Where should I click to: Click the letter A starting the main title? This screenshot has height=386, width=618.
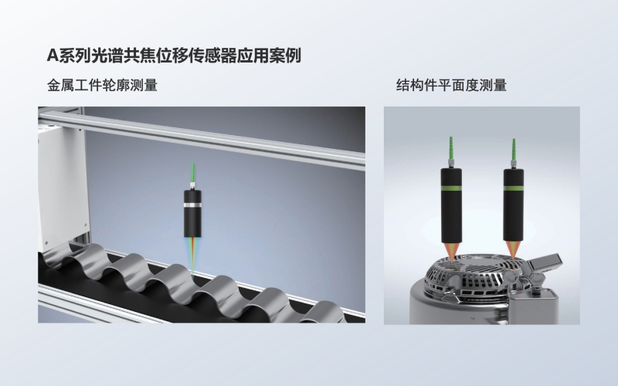coord(53,56)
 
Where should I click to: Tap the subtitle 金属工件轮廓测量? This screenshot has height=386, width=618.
coord(102,85)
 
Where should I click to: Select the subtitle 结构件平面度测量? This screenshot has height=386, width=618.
coord(451,85)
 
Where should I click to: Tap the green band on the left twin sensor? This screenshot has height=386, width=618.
coord(452,188)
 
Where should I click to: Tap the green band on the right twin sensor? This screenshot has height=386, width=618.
coord(514,188)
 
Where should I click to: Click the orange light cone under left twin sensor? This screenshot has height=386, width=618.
coord(452,248)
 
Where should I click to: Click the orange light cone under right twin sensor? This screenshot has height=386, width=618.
coord(514,248)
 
